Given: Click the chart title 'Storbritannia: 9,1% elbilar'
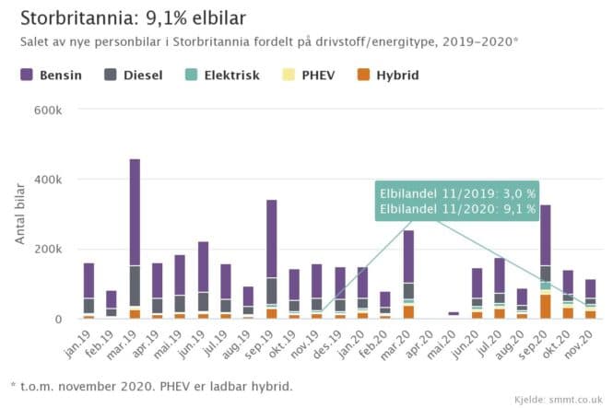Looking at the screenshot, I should [134, 17].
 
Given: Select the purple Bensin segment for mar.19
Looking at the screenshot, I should [135, 212].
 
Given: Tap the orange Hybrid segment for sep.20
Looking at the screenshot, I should [546, 306].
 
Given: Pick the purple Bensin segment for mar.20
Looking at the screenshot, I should [408, 256].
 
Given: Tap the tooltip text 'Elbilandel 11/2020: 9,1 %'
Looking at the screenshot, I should [443, 210].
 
